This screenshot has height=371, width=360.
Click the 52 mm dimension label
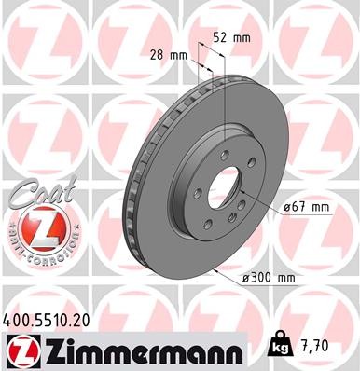231,38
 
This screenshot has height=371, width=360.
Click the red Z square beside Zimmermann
18,350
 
